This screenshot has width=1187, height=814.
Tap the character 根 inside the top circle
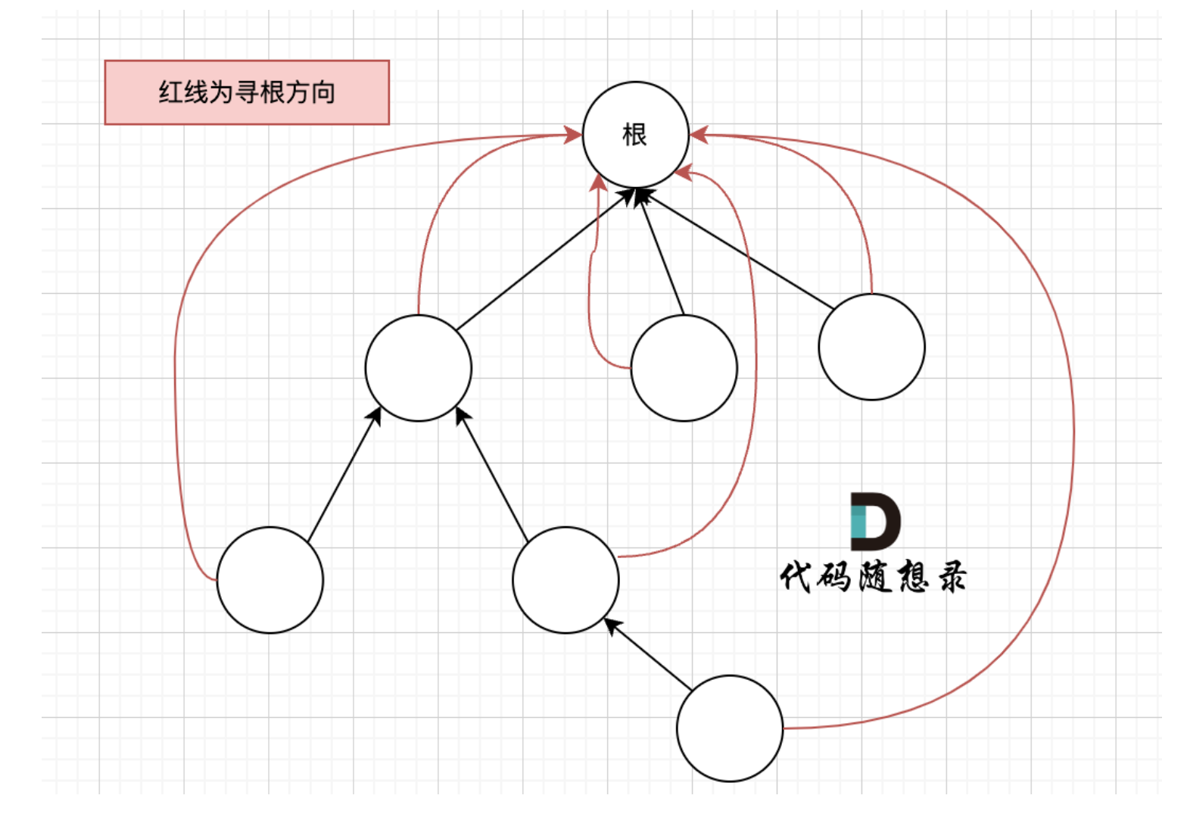634,136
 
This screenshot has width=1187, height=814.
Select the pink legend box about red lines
247,92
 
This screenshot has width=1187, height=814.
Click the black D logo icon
875,521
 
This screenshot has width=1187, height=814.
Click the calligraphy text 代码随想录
873,577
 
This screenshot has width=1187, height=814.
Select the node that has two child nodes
418,368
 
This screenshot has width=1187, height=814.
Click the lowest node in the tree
730,728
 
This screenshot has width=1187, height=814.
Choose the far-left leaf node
269,580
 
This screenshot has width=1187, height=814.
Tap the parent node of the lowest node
565,580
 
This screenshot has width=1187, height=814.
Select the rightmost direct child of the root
871,347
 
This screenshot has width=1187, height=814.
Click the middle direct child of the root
684,368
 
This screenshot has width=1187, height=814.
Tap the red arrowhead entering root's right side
698,136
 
